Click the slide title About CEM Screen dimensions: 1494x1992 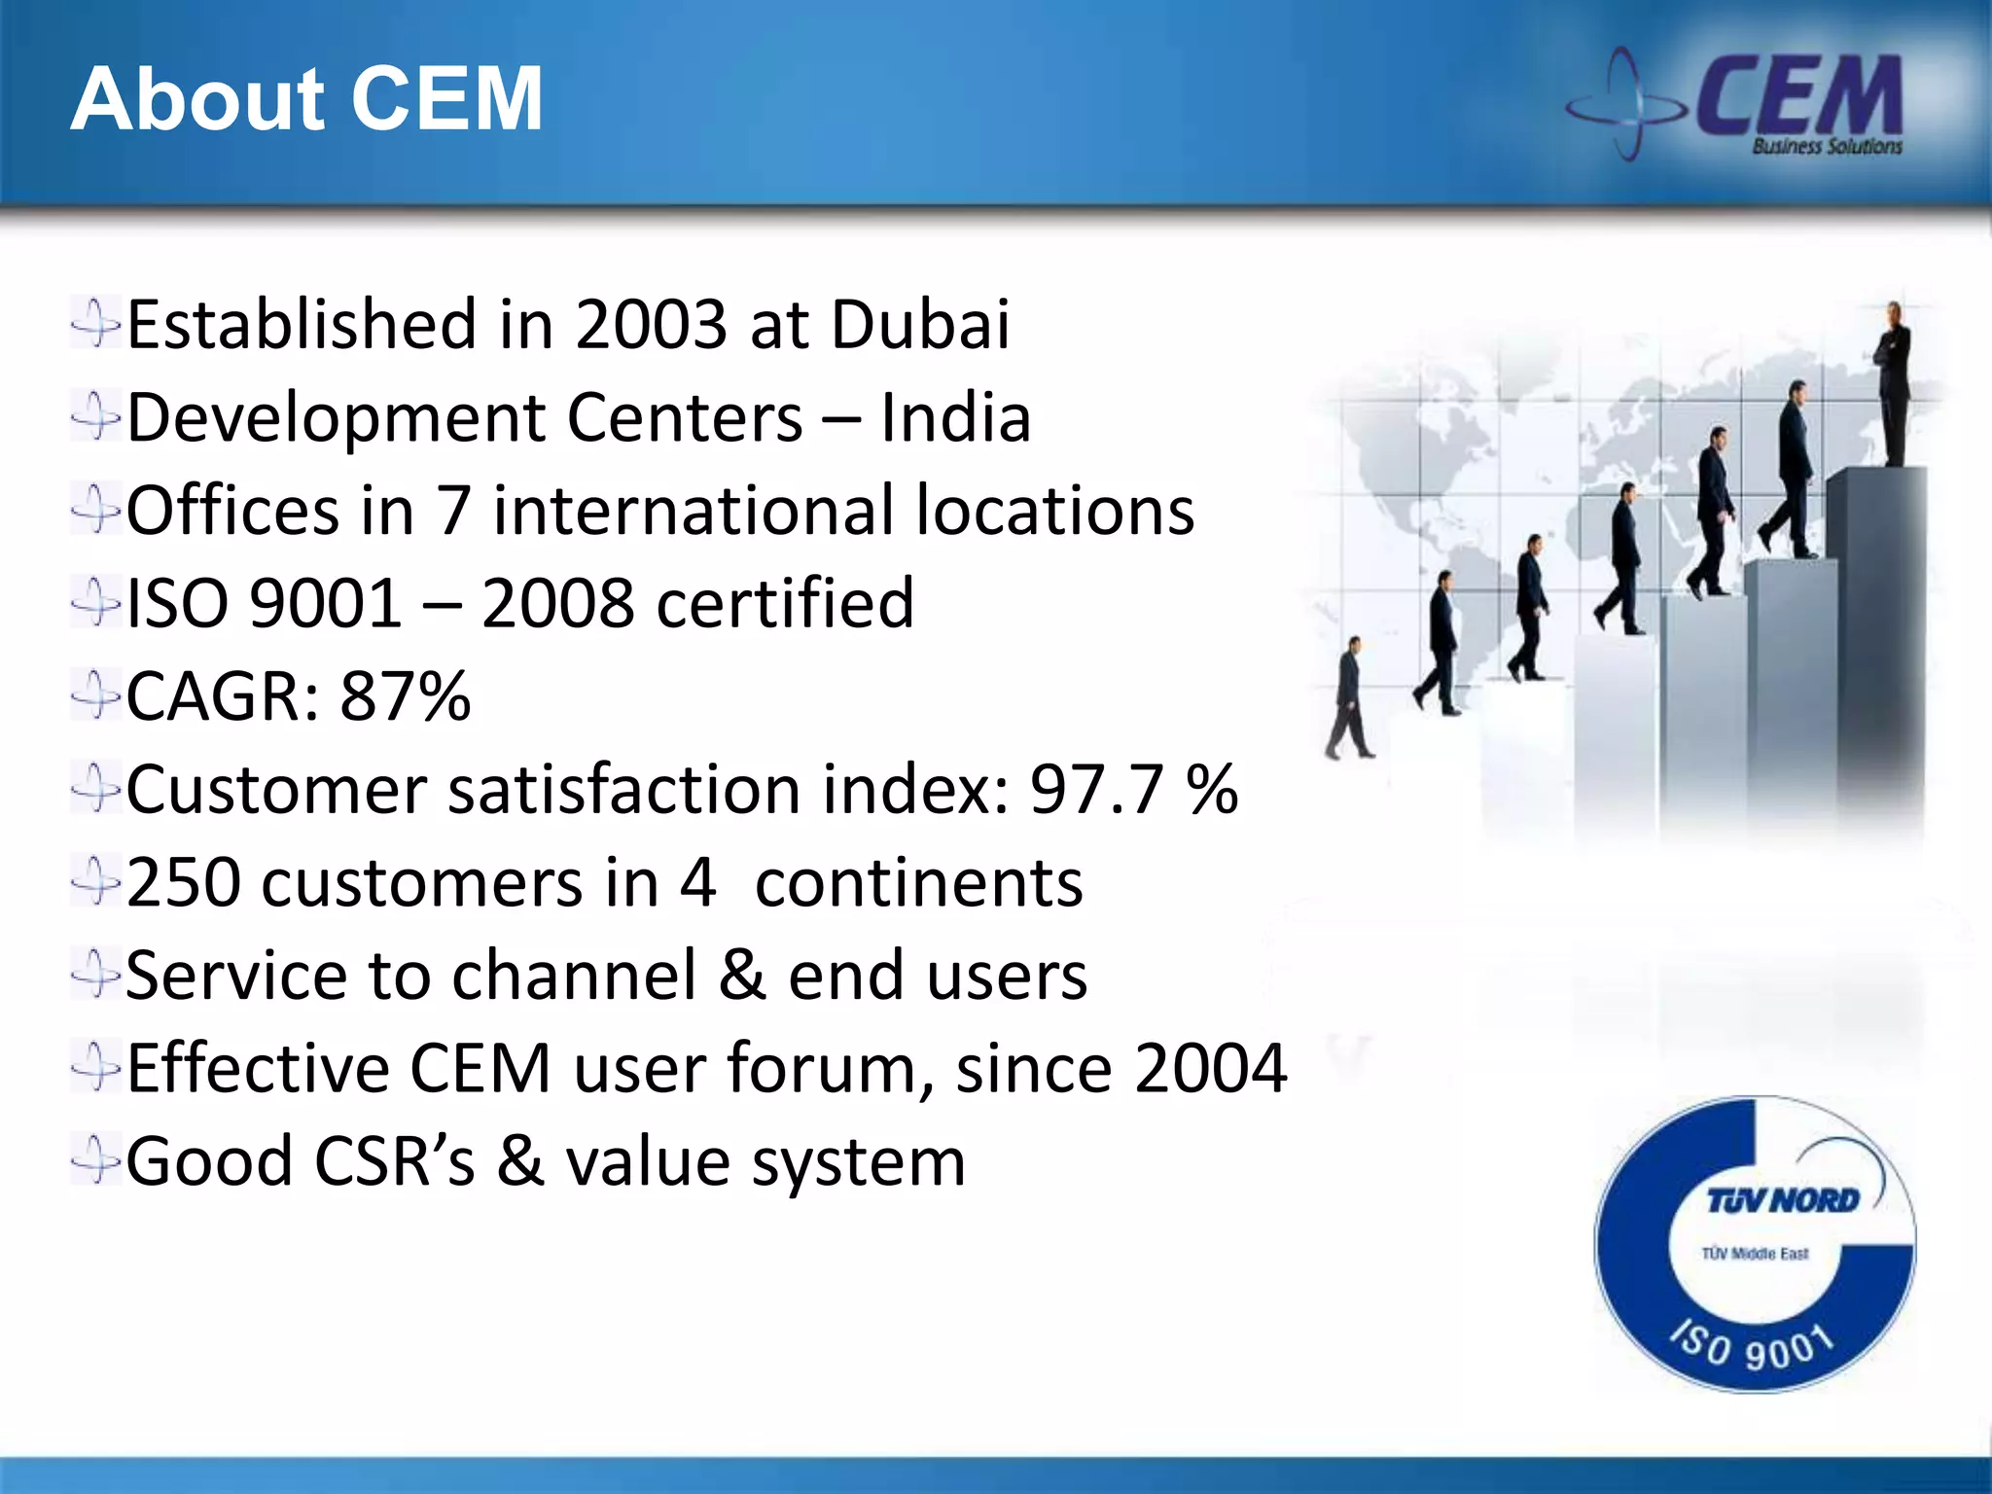pos(306,99)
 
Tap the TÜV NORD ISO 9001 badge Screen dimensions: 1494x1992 pos(1755,1244)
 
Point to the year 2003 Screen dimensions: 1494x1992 pos(651,324)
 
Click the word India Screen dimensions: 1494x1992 pos(955,418)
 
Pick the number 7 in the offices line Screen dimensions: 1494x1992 pos(453,512)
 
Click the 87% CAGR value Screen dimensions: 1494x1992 pos(405,696)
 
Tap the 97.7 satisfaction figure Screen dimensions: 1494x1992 pos(1096,789)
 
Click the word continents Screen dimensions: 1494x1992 pos(918,883)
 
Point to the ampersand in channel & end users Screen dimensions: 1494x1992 pos(741,976)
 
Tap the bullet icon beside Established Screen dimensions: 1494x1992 pos(95,324)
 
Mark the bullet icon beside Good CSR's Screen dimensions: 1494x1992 pos(95,1161)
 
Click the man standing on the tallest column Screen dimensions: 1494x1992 pos(1893,384)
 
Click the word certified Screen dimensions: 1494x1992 pos(785,604)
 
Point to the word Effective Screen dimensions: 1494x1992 pos(257,1068)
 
